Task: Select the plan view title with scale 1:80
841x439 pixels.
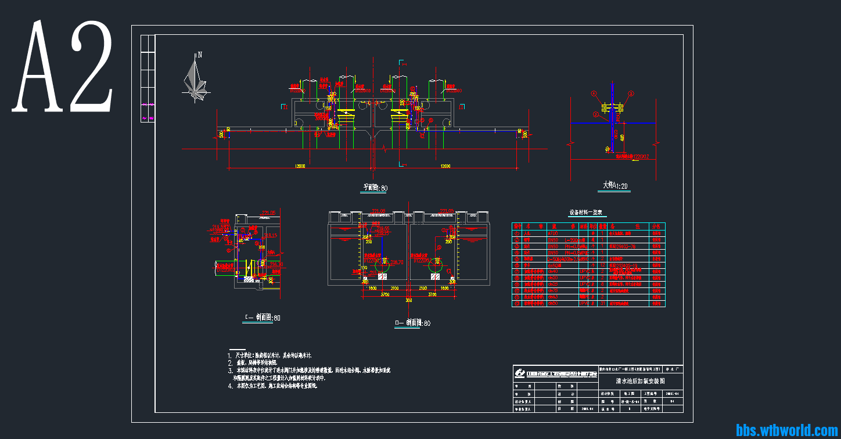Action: coord(375,188)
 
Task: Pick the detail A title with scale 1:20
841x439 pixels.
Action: coord(615,186)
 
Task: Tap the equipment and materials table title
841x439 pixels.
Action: coord(585,213)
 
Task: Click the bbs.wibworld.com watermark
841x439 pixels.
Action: coord(786,430)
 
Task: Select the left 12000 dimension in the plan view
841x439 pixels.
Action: coord(300,167)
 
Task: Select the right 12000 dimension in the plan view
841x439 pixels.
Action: coord(445,167)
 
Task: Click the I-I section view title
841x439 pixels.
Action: coord(263,318)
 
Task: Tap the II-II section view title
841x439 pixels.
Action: coord(412,323)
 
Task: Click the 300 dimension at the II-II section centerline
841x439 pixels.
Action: coord(409,300)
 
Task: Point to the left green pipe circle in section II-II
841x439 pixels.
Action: coord(382,265)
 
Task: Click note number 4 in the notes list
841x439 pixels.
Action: coord(231,386)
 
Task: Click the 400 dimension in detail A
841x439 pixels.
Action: coord(621,138)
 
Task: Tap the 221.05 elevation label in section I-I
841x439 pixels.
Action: coord(268,213)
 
